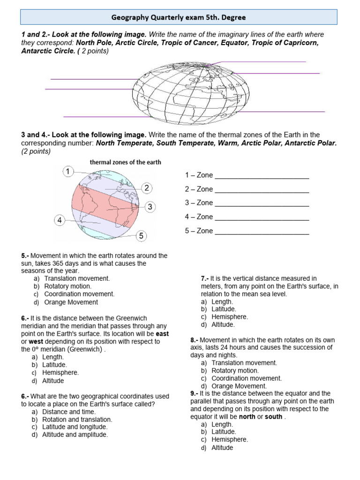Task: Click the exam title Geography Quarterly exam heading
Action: [x=178, y=17]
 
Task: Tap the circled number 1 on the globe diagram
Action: [x=68, y=172]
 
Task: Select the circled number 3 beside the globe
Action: [x=150, y=207]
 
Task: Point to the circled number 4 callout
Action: [x=60, y=220]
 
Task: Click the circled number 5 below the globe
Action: [x=141, y=236]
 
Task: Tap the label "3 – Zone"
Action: [x=199, y=203]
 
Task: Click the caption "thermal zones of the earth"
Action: [x=125, y=162]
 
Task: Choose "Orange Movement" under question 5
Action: [x=71, y=302]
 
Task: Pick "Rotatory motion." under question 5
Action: [x=67, y=286]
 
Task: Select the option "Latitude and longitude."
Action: [x=75, y=427]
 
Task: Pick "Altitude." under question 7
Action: [x=223, y=324]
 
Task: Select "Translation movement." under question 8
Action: [x=244, y=363]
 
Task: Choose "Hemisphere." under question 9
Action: [x=230, y=440]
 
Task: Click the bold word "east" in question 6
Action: [x=162, y=334]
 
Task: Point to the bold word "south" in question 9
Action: [x=274, y=417]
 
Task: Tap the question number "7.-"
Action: [x=205, y=278]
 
